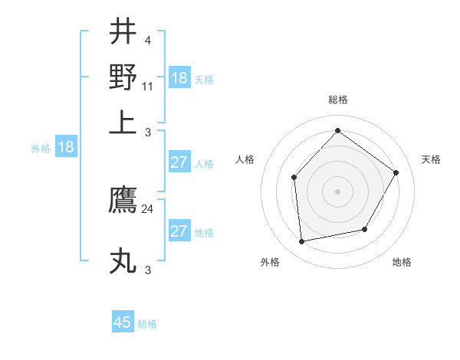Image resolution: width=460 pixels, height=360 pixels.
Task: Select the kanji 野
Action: [123, 77]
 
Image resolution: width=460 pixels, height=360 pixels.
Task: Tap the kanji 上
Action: [123, 123]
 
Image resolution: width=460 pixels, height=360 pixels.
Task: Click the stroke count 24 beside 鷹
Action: [148, 208]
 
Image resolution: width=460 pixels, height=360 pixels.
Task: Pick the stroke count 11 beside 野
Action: [148, 87]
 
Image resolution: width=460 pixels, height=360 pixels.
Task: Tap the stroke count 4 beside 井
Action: [147, 40]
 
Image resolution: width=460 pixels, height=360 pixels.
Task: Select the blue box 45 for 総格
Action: [123, 322]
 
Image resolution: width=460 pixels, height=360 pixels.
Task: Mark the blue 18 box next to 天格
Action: [179, 78]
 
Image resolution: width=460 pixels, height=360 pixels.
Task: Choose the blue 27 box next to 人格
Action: [179, 162]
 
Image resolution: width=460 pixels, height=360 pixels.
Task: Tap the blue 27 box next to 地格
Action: [179, 231]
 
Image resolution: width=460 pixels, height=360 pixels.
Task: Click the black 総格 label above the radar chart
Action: [337, 100]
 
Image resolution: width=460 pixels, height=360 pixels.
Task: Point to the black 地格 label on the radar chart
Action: [402, 262]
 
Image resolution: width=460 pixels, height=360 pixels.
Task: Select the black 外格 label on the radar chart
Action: [270, 262]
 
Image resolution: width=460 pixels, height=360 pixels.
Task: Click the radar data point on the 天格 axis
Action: [396, 172]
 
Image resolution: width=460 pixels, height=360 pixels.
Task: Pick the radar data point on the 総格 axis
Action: [337, 130]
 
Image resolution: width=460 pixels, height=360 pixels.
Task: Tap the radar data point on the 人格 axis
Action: [294, 178]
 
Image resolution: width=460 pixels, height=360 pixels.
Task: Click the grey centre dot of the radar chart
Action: [337, 191]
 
